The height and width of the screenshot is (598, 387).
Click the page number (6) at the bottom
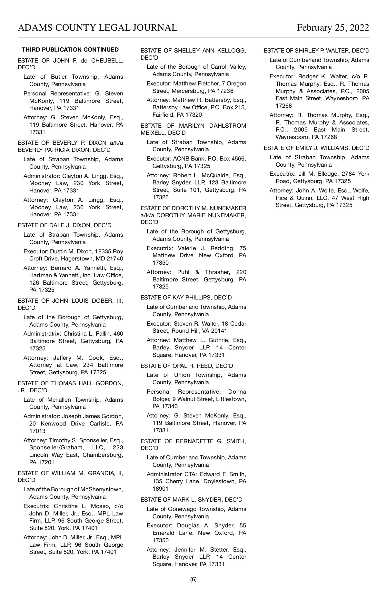pyautogui.click(x=193, y=579)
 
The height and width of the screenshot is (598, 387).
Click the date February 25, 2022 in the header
pyautogui.click(x=333, y=28)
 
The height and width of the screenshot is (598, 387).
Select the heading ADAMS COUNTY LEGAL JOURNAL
pyautogui.click(x=97, y=28)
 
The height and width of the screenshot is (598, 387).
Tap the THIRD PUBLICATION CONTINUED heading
pyautogui.click(x=70, y=50)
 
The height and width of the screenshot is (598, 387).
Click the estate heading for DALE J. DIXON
pyautogui.click(x=64, y=225)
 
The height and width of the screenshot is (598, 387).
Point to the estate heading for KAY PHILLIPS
pyautogui.click(x=186, y=298)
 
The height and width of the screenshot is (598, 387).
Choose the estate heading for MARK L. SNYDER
pyautogui.click(x=192, y=500)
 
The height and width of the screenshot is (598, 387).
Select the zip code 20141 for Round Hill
pyautogui.click(x=219, y=331)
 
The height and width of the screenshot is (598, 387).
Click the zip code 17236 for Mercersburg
pyautogui.click(x=225, y=91)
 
